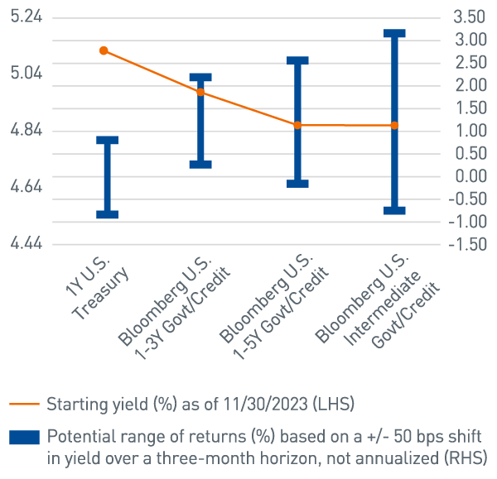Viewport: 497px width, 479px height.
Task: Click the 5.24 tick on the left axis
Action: [27, 17]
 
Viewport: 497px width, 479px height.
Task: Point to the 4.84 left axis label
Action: [27, 131]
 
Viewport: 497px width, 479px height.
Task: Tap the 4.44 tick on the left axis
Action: [27, 244]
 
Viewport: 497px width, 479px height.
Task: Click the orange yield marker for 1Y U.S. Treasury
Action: [104, 50]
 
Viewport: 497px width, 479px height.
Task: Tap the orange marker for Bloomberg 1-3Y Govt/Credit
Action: [200, 93]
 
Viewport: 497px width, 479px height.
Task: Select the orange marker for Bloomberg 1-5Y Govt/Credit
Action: [297, 125]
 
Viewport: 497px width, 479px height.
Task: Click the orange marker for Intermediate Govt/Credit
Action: [394, 125]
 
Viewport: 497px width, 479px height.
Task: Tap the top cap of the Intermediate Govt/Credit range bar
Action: [394, 34]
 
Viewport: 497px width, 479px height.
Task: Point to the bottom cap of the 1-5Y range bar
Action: [297, 184]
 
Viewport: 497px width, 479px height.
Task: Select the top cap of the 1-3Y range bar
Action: [200, 78]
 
